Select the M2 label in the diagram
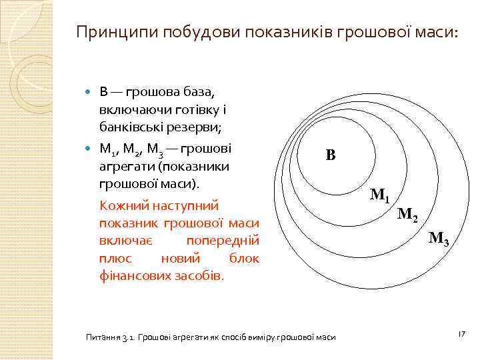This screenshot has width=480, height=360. (408, 215)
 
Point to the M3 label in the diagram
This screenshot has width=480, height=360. (439, 238)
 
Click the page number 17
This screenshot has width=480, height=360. (460, 333)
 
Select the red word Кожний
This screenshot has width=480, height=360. (123, 206)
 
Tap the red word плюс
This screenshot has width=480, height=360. (115, 257)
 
